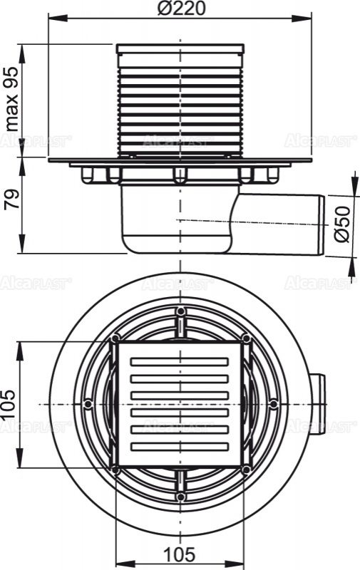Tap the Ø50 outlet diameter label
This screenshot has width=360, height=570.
tap(343, 224)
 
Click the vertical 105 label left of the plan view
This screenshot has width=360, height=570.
tap(10, 403)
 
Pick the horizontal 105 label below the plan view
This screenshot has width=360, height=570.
tap(181, 554)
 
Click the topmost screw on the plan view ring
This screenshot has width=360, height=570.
tap(181, 312)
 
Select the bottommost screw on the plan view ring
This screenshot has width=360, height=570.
tap(181, 497)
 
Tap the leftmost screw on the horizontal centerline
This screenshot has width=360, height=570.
tap(88, 404)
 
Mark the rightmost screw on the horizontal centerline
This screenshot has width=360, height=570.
tap(274, 404)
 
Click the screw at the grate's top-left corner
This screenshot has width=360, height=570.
tap(115, 338)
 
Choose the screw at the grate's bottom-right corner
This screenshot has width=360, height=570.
tap(247, 470)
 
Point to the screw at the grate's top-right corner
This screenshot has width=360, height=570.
tap(247, 338)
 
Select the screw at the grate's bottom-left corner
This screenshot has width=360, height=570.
tap(115, 470)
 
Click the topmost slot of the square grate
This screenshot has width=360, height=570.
tap(180, 363)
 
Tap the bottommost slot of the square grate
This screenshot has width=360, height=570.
tap(180, 445)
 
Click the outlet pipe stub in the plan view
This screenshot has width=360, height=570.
tap(319, 404)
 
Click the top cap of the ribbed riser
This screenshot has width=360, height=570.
tap(181, 49)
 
